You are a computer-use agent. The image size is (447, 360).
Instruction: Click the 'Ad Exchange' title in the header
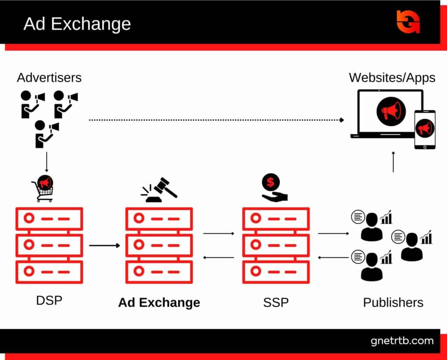(x=77, y=24)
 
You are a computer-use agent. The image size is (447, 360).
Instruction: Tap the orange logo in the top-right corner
(x=408, y=21)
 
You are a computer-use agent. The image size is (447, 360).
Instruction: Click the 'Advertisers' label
(x=49, y=78)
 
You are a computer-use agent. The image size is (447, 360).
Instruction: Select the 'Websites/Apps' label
(x=392, y=78)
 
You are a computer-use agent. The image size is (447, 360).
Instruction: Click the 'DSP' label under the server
(x=49, y=301)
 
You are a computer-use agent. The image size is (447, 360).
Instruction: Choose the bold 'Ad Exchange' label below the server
(x=159, y=302)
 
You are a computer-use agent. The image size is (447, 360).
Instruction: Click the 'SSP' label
(x=276, y=302)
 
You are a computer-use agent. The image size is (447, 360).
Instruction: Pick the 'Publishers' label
(x=393, y=302)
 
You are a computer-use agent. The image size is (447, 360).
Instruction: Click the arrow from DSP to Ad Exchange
(x=104, y=246)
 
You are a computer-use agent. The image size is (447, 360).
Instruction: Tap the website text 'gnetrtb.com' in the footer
(x=402, y=341)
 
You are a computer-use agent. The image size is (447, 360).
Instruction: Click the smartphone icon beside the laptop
(x=424, y=129)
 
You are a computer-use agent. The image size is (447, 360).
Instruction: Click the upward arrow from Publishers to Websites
(x=393, y=162)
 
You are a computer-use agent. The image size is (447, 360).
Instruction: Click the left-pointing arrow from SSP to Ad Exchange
(x=219, y=257)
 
